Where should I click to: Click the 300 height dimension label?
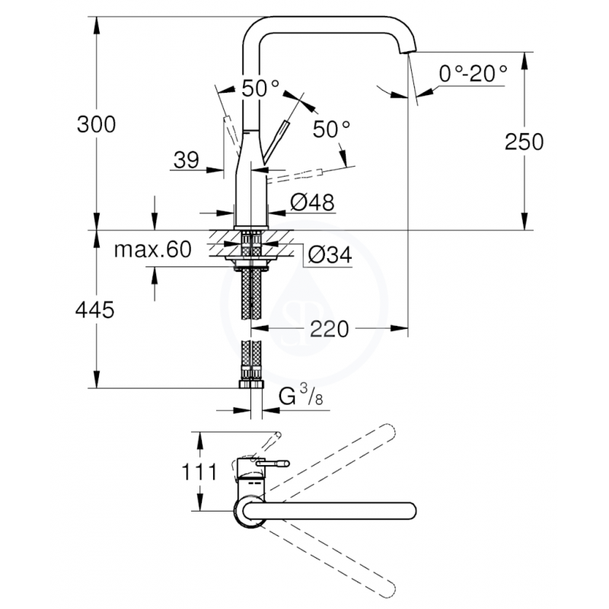pos(97,125)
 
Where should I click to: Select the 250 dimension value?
pos(524,142)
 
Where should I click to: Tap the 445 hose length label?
pos(94,310)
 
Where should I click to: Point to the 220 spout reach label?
pos(330,330)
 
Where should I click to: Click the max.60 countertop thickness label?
pos(153,250)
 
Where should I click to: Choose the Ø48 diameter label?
pos(312,202)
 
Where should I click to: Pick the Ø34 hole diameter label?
pos(330,255)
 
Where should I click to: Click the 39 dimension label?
pos(187,160)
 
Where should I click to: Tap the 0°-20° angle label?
pos(473,73)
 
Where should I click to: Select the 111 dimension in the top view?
pos(199,472)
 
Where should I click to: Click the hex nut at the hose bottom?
pos(251,384)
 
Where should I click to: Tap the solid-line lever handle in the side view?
pos(276,142)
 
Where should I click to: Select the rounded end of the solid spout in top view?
pos(409,511)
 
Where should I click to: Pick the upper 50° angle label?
pos(260,89)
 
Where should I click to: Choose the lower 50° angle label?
pos(331,129)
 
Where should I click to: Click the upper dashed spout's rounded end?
pos(387,432)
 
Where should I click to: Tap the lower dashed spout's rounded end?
pos(387,589)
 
